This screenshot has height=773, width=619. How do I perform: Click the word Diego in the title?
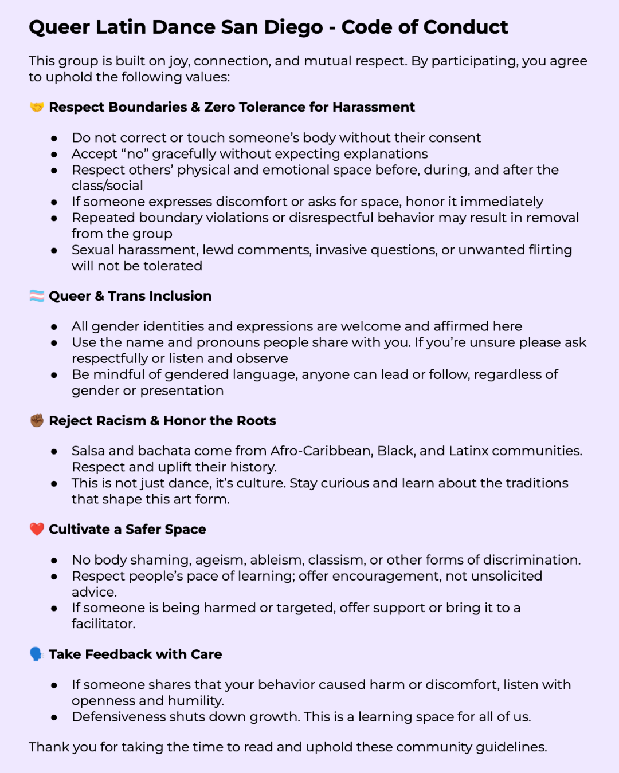tap(293, 27)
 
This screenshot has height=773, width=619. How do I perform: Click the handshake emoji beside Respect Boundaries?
tap(37, 107)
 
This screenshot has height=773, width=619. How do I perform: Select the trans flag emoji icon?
tap(37, 296)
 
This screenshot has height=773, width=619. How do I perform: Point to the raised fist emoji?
tap(37, 421)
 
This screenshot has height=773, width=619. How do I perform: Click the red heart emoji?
tap(37, 529)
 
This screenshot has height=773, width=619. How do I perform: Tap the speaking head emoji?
tap(37, 654)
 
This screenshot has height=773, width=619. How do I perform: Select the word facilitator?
tap(103, 624)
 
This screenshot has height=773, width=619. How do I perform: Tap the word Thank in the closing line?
tap(47, 747)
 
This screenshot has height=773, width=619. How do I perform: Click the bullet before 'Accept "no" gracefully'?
tap(54, 155)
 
